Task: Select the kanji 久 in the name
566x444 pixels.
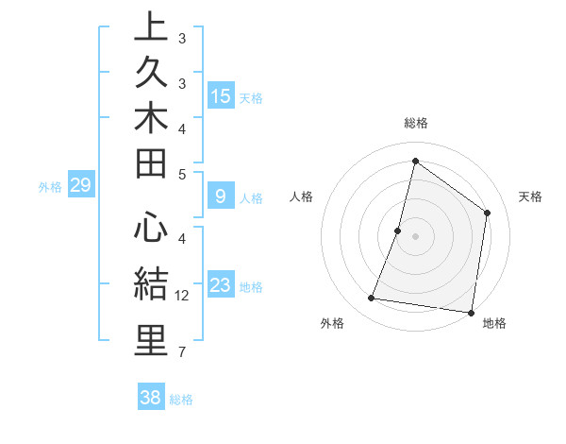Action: (151, 74)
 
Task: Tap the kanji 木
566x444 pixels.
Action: (151, 120)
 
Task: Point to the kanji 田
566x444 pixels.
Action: (151, 165)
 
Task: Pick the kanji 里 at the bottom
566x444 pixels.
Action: (151, 340)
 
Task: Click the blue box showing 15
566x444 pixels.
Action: (221, 96)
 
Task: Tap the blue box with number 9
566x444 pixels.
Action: (221, 196)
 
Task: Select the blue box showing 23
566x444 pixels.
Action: (221, 286)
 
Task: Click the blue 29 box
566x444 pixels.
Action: (80, 185)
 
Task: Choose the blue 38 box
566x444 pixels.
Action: (150, 398)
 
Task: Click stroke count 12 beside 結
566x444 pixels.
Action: (182, 296)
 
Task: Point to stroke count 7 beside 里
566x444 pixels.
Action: (182, 352)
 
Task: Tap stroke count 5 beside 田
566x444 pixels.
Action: (182, 174)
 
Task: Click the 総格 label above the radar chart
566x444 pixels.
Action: (415, 123)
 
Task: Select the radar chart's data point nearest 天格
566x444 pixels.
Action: (488, 213)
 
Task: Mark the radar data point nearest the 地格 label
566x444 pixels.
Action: (470, 312)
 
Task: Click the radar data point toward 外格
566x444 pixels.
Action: (372, 299)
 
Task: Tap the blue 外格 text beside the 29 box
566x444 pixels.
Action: (50, 187)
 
